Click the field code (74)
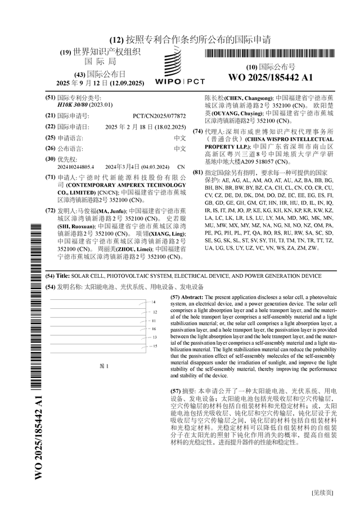coord(197,131)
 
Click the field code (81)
coord(197,172)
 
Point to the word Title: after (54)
coord(62,277)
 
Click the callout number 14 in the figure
coord(154,303)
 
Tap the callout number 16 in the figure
coord(154,328)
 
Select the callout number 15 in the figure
coord(154,346)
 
